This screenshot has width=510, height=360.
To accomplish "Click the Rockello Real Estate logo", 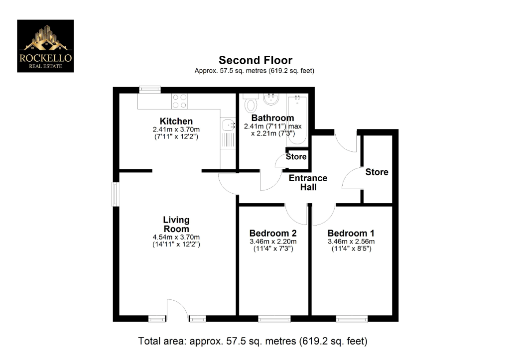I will coord(45,46).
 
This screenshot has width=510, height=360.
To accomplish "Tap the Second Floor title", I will coord(255,61).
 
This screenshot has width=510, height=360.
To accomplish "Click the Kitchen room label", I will coord(176,121).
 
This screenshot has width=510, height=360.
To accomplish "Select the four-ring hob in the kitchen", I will coord(179,101).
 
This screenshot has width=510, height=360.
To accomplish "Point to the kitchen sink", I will coord(228,125).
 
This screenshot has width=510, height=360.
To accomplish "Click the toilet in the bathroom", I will coord(251,104).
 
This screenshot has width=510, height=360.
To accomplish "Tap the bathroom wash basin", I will coord(271,99).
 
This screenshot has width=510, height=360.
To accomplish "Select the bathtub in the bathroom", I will coord(297,120).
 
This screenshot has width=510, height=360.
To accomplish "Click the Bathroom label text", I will coord(272,118).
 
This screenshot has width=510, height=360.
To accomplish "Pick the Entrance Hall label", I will coord(308,183).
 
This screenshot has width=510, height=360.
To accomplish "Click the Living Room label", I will coord(176,225).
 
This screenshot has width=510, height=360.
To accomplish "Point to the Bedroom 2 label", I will coord(273,233).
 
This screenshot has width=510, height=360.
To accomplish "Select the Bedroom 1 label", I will coord(351,233).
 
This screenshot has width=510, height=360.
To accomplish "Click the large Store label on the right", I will coord(377,172).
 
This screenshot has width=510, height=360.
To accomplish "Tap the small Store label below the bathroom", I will coord(296,157).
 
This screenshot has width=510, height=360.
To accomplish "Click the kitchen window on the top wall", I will coord(149,90).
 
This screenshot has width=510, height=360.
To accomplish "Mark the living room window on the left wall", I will coord(115,194).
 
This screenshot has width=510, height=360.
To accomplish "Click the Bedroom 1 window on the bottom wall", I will coord(352,319).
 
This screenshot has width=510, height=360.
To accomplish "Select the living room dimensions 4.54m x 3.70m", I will coord(176,237).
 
